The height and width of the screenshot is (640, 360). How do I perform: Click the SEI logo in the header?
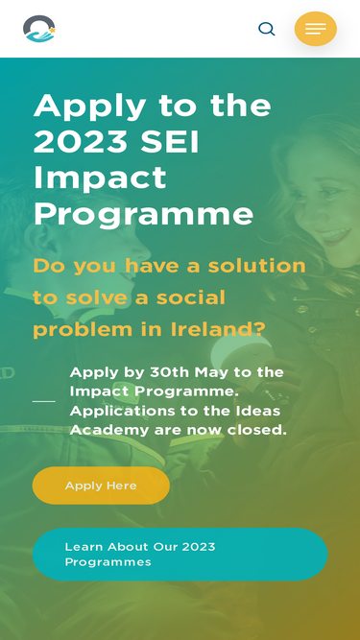click(x=38, y=29)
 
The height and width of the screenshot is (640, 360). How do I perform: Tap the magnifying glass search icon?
click(x=267, y=29)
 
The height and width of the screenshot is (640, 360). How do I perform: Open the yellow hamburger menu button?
click(x=316, y=29)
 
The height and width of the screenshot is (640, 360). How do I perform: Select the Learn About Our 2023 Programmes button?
click(x=180, y=554)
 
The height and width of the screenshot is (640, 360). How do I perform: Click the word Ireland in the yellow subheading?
click(x=218, y=329)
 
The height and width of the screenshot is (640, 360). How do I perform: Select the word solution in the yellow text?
click(x=256, y=265)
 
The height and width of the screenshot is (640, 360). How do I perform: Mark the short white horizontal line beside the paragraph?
click(x=43, y=401)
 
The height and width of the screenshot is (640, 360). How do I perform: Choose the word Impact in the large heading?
click(x=100, y=178)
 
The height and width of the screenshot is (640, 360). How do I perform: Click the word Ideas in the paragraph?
click(x=260, y=411)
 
